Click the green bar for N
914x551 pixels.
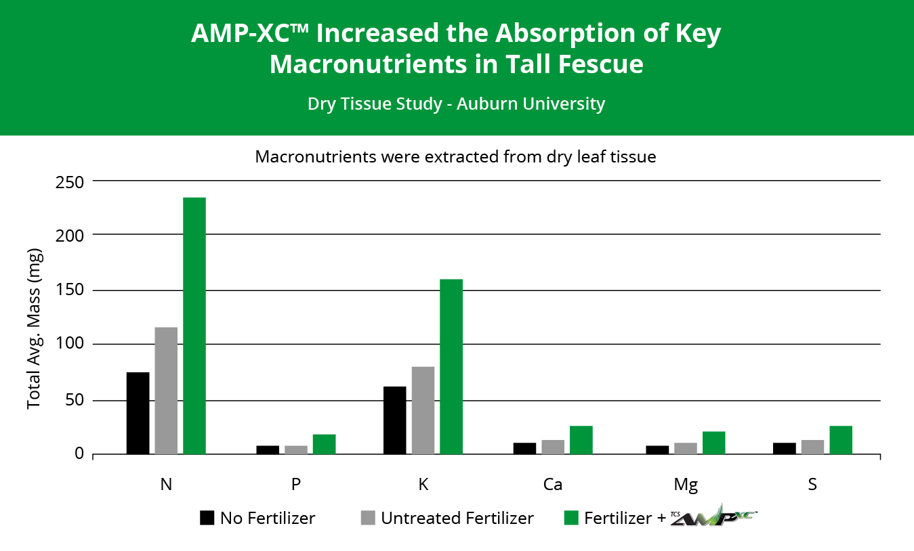click(194, 326)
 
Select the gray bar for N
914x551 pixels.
click(166, 391)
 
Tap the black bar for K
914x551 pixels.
click(394, 420)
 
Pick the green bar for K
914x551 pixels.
click(451, 366)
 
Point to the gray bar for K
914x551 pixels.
click(423, 410)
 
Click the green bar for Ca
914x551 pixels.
click(581, 440)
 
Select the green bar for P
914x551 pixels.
click(324, 444)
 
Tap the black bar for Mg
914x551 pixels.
click(657, 449)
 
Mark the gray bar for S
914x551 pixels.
click(812, 447)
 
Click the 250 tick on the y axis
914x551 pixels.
click(70, 181)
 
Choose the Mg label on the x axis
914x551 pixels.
click(685, 485)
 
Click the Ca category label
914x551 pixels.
click(552, 485)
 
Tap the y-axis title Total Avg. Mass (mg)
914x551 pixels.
click(34, 329)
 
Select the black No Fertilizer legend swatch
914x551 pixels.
click(207, 518)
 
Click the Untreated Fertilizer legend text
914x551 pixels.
click(457, 519)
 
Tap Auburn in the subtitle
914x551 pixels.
click(485, 104)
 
